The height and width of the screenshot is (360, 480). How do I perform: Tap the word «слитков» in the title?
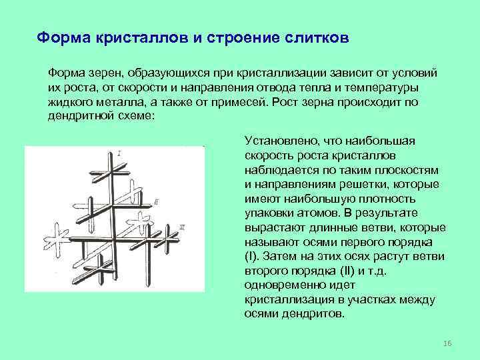point(315,37)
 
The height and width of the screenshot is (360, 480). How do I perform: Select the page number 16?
point(447,343)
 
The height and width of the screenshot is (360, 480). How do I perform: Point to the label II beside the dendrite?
point(155,201)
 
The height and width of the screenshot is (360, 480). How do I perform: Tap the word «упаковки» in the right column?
point(268,213)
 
